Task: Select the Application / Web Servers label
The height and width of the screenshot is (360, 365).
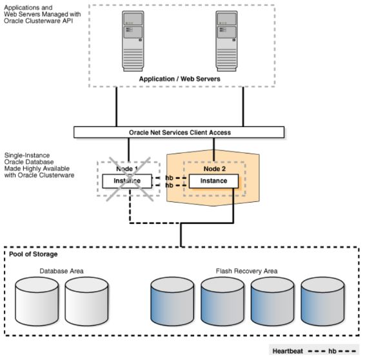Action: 179,79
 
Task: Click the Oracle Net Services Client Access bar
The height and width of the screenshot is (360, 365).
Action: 179,132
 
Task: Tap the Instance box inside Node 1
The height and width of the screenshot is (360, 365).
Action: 126,181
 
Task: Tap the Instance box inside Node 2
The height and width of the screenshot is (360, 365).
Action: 213,181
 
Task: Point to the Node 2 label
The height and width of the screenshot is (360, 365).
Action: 213,168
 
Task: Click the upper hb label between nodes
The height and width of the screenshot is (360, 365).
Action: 169,176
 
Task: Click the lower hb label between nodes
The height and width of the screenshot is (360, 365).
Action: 169,185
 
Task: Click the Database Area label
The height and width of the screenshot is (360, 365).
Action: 62,271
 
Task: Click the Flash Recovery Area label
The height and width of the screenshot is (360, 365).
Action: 246,271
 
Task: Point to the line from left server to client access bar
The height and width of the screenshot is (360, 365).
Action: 117,106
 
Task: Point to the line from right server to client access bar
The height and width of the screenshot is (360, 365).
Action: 244,106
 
